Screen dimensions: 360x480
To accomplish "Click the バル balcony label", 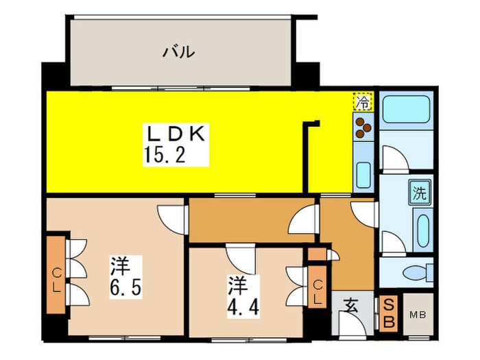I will [x=179, y=51].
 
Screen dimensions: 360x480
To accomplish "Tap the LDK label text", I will [x=174, y=134].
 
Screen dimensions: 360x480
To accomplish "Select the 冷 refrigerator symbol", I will [x=363, y=103].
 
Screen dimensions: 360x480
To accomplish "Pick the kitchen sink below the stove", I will [x=363, y=176].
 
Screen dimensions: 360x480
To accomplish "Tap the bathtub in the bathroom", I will [x=405, y=110].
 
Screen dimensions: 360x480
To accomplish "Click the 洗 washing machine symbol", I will [x=418, y=193].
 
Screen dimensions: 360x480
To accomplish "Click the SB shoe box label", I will [x=388, y=313].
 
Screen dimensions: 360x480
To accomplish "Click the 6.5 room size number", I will [x=127, y=286].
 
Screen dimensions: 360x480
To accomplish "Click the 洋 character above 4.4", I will [x=237, y=283].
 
